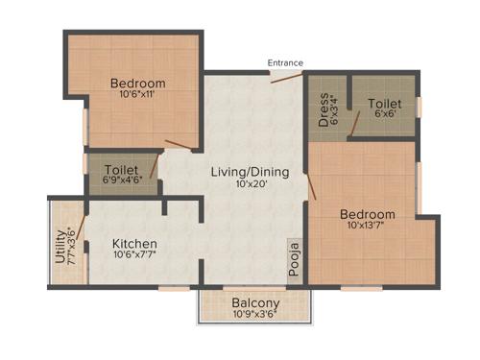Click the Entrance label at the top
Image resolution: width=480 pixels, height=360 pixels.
point(285,63)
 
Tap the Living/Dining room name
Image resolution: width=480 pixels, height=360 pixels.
point(243,172)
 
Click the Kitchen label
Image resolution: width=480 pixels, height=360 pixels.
point(133,243)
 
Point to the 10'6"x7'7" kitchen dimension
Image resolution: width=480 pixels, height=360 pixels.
point(133,255)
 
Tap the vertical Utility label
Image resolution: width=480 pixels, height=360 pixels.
point(60,246)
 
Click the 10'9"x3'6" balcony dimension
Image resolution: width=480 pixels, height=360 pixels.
point(254,312)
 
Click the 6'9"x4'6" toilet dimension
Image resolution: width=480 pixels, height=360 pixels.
point(121,180)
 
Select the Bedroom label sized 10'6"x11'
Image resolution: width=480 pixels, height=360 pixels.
point(137,83)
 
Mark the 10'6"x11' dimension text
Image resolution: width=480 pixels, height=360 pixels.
point(137,95)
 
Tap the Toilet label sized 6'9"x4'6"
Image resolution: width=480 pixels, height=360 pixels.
point(122,168)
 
